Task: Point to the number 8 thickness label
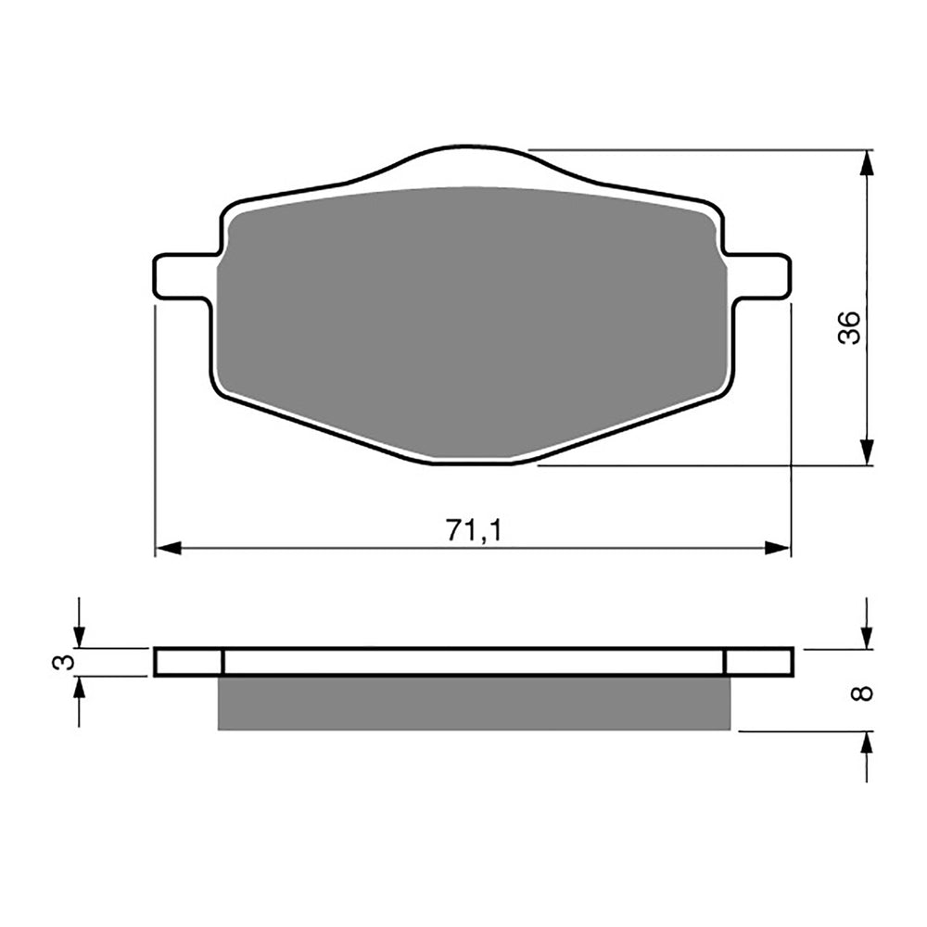[864, 692]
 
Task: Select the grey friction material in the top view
[471, 320]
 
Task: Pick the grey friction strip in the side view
[473, 703]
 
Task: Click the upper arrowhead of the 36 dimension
[866, 162]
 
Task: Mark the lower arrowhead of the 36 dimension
[866, 451]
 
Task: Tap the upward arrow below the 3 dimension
[79, 689]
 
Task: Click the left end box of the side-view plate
[189, 662]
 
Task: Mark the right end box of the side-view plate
[758, 662]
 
